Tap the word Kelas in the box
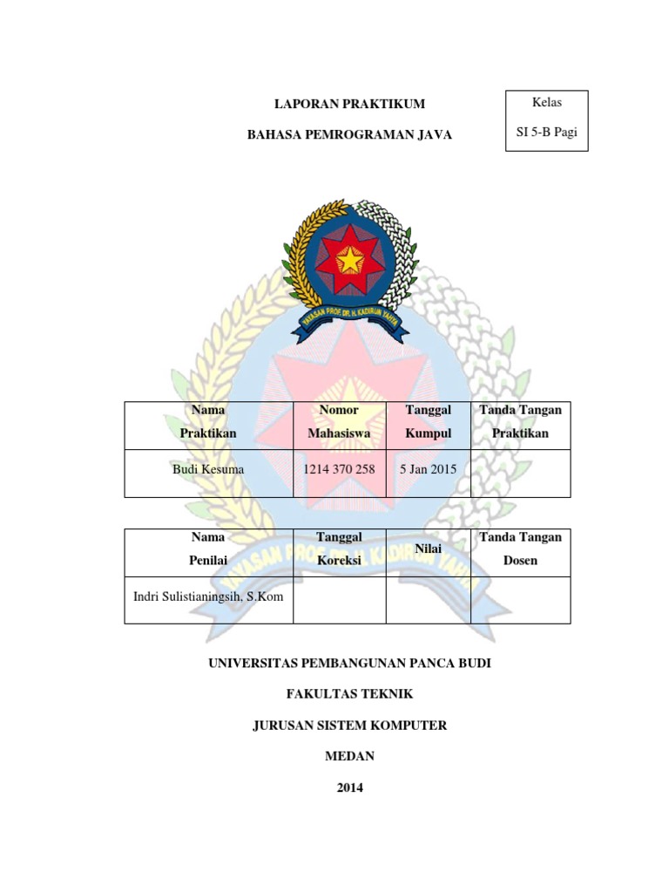click(547, 103)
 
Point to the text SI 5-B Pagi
click(547, 133)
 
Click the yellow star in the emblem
click(349, 258)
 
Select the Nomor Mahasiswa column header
click(339, 421)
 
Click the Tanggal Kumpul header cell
click(428, 421)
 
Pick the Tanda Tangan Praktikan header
click(520, 421)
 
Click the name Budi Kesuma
click(208, 469)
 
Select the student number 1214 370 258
click(339, 469)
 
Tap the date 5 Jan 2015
click(428, 469)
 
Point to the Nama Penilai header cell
click(207, 549)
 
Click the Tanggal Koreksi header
click(339, 549)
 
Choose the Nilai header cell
click(428, 549)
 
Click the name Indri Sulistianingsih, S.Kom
click(208, 596)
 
